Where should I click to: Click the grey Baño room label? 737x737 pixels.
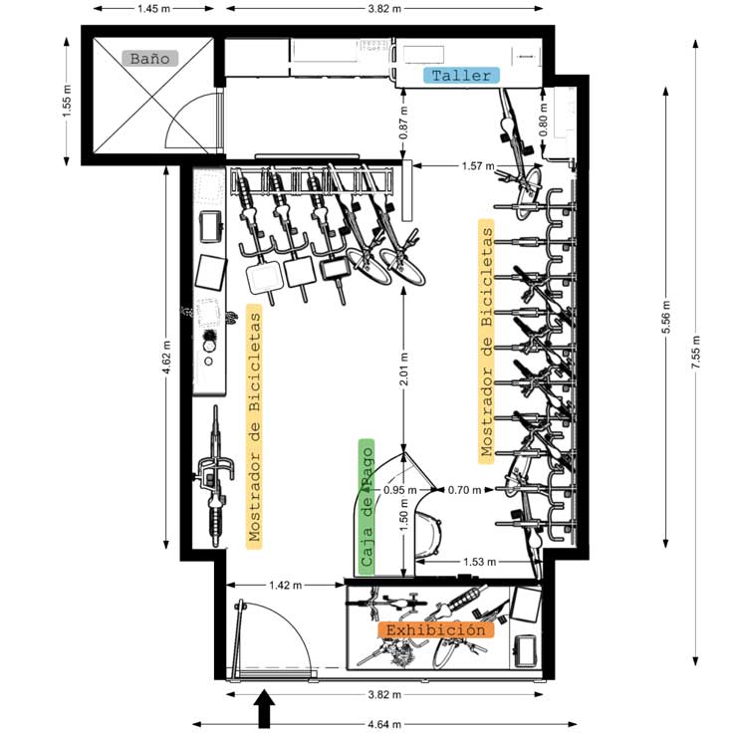point(149,58)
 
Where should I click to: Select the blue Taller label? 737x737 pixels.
point(461,76)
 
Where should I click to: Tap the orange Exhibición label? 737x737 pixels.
point(435,630)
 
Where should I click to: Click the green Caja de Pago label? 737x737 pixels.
point(367,508)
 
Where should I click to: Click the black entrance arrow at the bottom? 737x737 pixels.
point(264,711)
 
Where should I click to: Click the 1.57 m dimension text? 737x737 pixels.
point(477,165)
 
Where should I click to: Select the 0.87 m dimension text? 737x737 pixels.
point(403,121)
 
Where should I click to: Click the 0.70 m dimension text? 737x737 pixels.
point(465,489)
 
